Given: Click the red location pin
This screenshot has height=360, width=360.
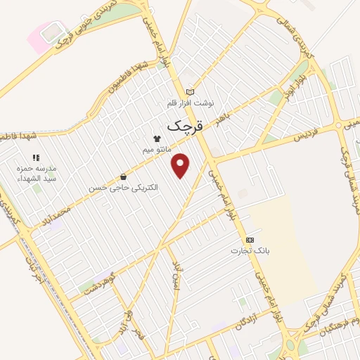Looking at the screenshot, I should tap(181, 164).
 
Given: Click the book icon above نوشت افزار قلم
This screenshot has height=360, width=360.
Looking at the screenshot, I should tap(189, 91).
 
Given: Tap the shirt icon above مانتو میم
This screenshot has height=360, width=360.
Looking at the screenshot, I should tap(157, 139).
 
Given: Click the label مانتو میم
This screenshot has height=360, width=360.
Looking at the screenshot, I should tap(157, 150).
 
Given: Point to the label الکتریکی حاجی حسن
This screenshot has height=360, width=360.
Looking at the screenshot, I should tap(124, 188).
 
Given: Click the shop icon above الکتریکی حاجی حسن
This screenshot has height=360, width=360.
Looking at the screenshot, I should tap(124, 176).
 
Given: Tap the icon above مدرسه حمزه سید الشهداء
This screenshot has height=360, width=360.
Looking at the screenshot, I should tap(36, 157).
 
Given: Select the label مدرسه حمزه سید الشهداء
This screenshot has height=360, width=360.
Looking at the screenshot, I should tap(36, 174).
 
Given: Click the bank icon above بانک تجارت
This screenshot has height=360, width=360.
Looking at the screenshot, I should tap(250, 240).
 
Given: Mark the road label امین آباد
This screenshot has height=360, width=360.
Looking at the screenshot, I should tap(177, 275).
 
